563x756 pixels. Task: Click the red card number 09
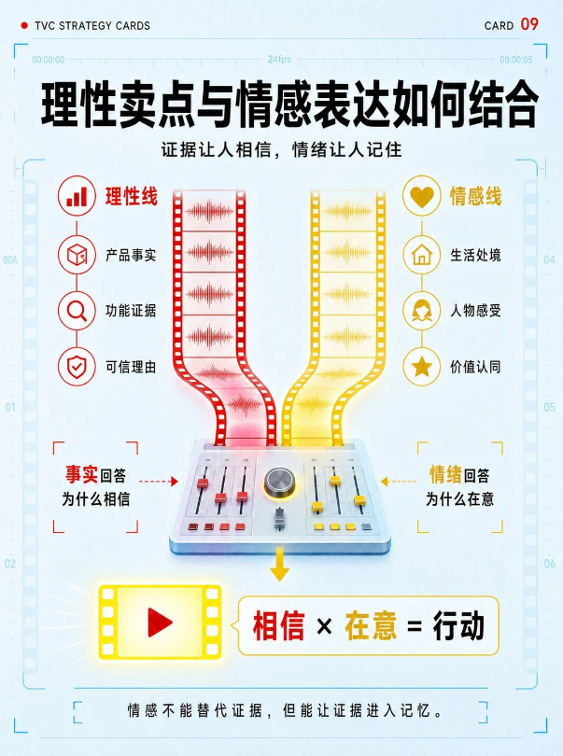point(529,24)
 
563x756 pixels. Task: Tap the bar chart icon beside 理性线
point(77,196)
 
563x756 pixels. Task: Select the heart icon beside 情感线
point(422,196)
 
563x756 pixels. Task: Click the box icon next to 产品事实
point(77,254)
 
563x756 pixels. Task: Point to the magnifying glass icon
point(77,311)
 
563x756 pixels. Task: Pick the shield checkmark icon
point(77,367)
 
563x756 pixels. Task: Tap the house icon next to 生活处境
point(422,254)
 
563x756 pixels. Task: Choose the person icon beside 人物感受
point(422,311)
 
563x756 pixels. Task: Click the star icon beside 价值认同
point(422,367)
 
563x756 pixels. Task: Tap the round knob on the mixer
point(279,482)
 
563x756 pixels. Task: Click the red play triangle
point(160,622)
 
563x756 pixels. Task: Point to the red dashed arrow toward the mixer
point(159,482)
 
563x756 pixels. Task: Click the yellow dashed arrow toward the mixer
point(399,482)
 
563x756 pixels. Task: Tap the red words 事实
point(81,475)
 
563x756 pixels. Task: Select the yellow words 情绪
point(445,475)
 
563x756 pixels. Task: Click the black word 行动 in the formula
point(458,626)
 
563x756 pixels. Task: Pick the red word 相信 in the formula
point(279,626)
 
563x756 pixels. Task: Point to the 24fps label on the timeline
point(279,60)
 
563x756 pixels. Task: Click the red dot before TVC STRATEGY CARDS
point(24,25)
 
